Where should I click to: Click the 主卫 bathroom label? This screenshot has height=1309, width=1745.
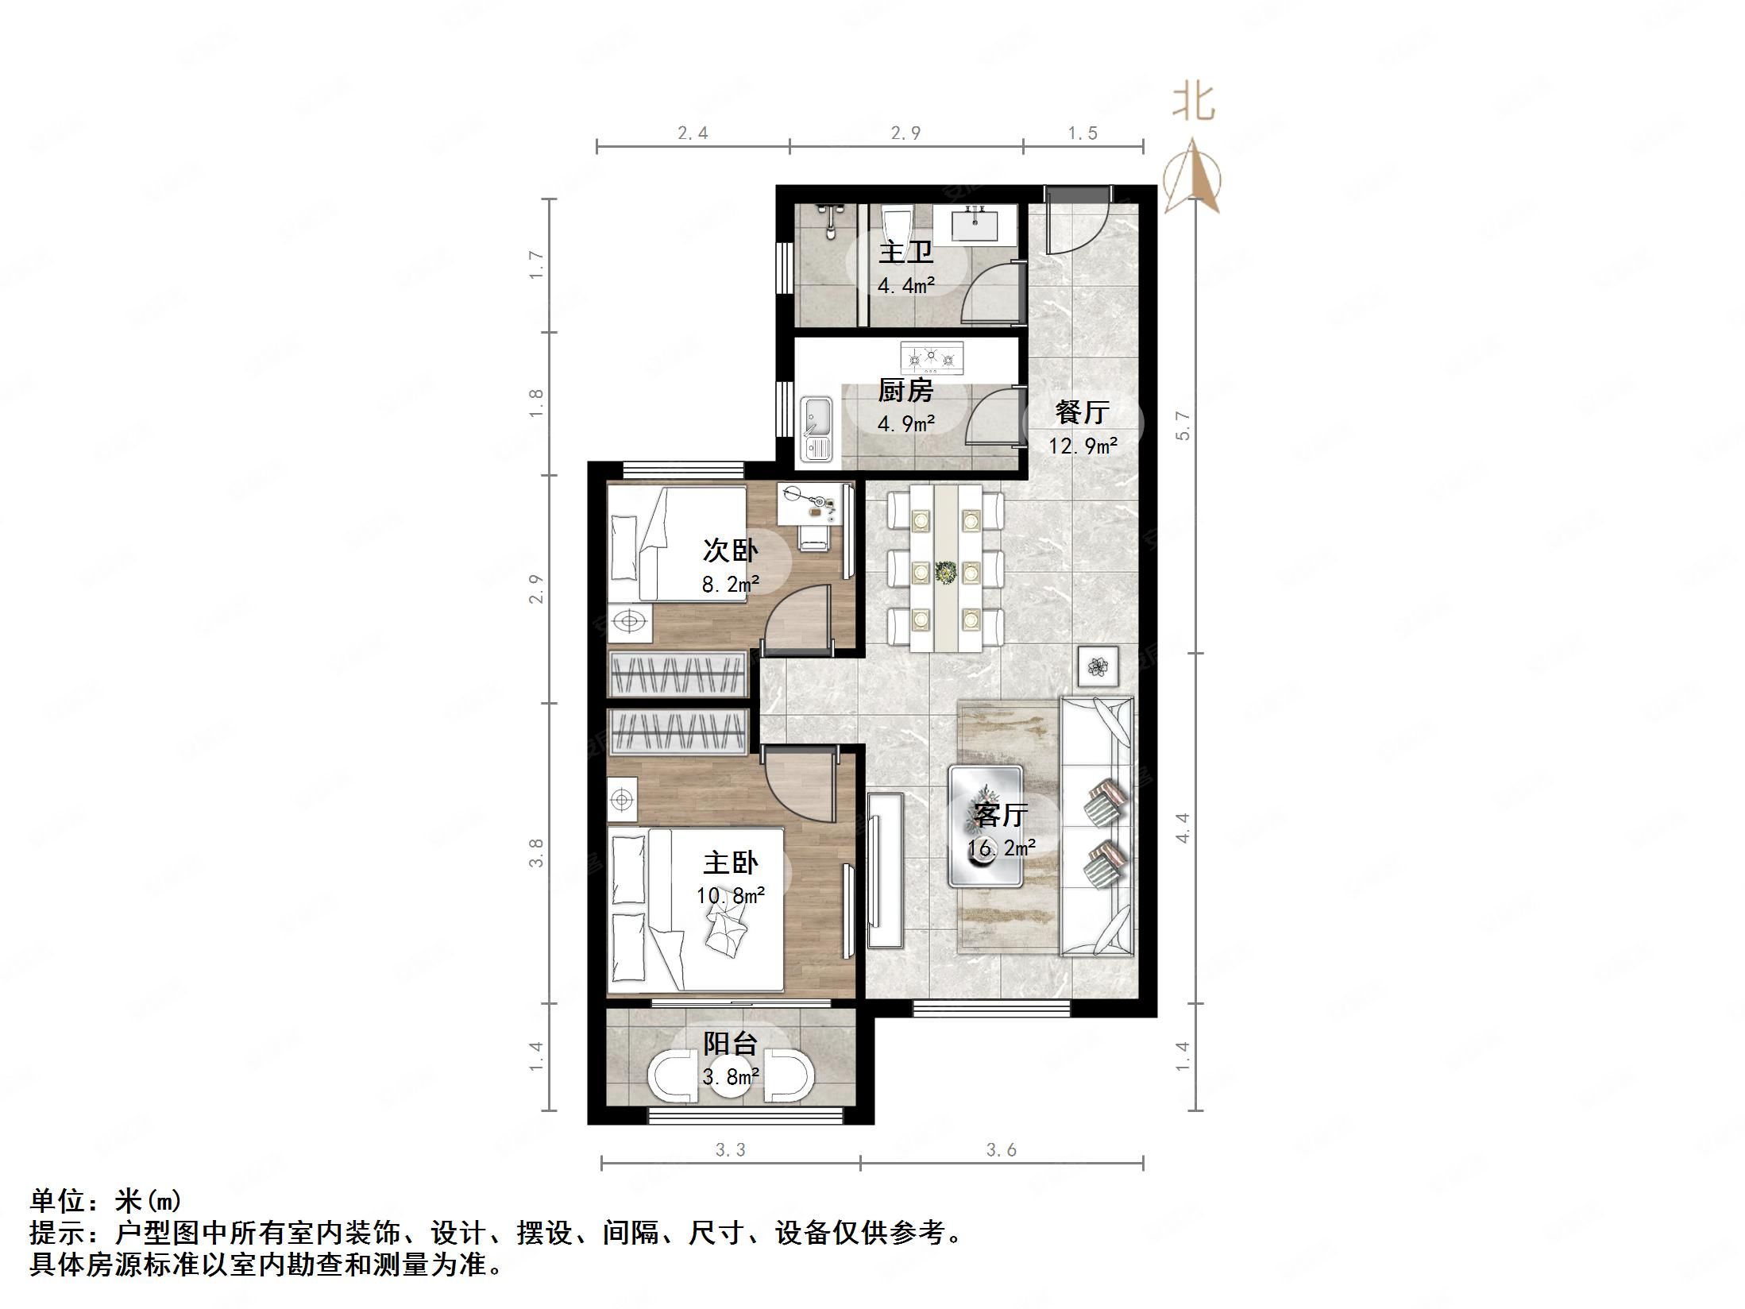[905, 253]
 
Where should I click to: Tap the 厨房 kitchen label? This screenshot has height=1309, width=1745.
[905, 391]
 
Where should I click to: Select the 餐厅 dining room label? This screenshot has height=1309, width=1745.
[1082, 411]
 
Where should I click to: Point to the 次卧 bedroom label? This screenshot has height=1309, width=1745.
[730, 550]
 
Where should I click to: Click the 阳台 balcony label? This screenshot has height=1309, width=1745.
[730, 1043]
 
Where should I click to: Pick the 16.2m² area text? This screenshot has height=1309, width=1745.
[1001, 848]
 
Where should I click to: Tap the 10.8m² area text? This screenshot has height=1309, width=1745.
[730, 896]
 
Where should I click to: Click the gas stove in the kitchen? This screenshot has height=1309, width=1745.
[932, 358]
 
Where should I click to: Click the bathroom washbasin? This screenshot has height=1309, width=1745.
[975, 222]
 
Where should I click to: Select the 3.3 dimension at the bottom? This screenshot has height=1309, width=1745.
[730, 1149]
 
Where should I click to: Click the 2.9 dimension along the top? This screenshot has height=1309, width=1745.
[905, 133]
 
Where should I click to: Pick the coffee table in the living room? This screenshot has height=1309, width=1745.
[985, 826]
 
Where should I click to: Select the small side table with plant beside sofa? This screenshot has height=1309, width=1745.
[1098, 666]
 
